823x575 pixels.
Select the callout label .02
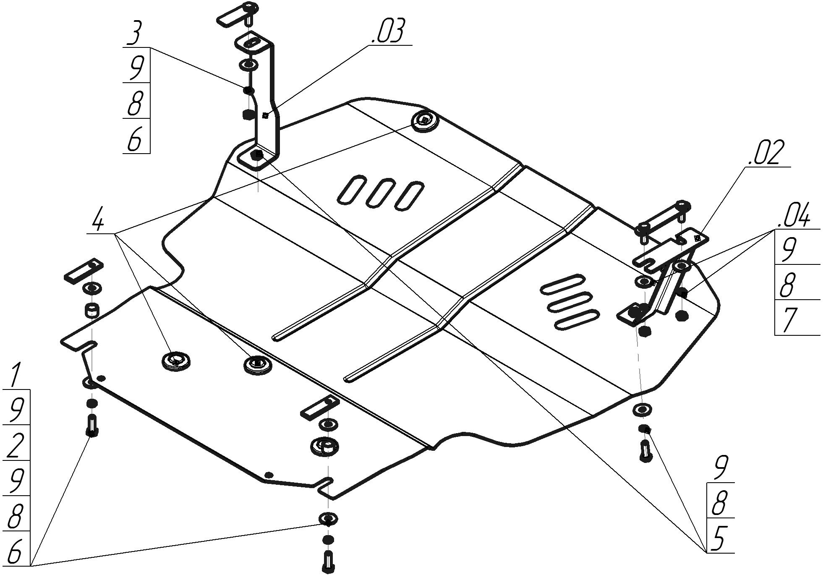(766, 154)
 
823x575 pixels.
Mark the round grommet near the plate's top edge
(424, 121)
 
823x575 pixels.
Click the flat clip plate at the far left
(83, 271)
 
